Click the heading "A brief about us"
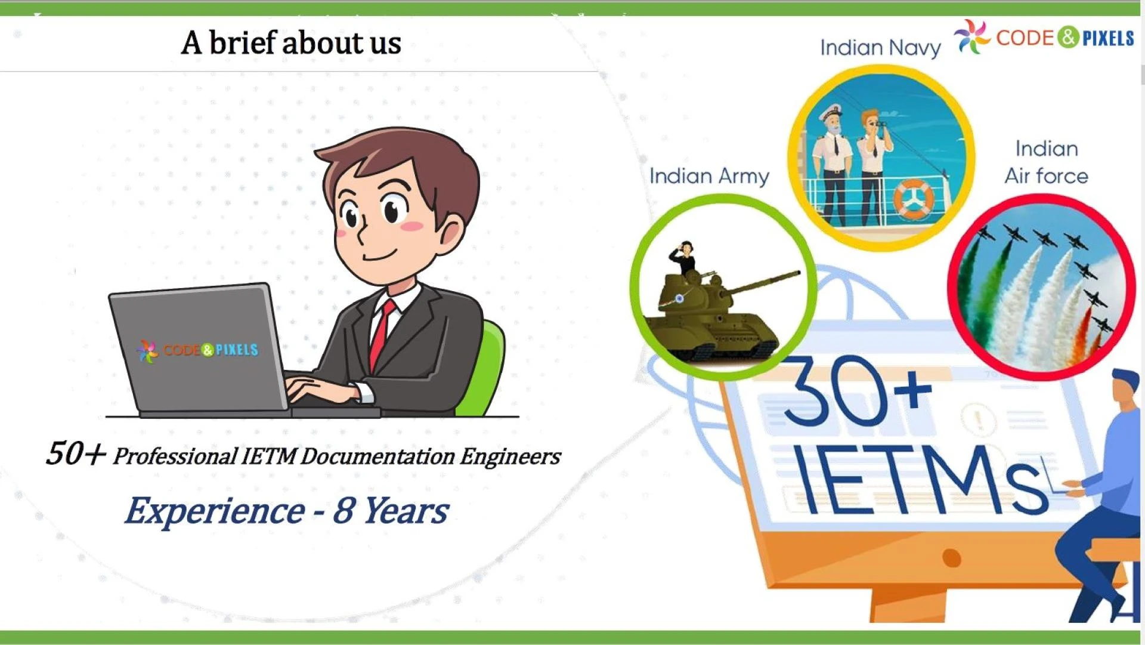tap(291, 43)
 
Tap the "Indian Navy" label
tap(880, 48)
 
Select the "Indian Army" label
tap(709, 176)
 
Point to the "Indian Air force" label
tap(1047, 162)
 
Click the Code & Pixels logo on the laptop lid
tap(197, 351)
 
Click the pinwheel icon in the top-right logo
tap(972, 37)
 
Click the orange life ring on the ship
tap(913, 199)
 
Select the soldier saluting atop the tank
tap(683, 258)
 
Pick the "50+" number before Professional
tap(76, 453)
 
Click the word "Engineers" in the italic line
tap(510, 456)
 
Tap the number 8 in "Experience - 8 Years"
tap(343, 510)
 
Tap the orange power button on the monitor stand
tap(952, 558)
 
